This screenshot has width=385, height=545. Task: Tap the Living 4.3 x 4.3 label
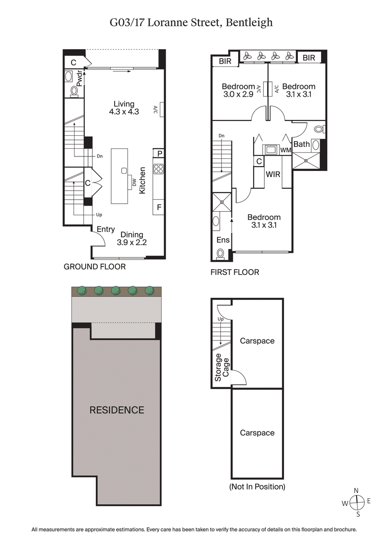124,108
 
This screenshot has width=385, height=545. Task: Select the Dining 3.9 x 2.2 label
131,239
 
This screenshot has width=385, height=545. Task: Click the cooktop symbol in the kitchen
158,169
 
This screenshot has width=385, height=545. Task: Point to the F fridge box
158,208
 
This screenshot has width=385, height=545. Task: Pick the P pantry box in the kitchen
158,154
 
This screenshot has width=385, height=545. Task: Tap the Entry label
106,230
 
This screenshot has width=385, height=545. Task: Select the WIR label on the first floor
273,174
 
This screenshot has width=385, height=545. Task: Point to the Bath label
302,144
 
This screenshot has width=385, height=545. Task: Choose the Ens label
223,240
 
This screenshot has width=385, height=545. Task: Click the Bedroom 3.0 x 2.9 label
238,91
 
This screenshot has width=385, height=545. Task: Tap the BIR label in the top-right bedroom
309,58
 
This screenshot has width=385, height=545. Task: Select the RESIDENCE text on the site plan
117,410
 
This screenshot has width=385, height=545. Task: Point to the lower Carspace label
257,433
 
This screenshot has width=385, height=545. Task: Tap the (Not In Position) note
257,487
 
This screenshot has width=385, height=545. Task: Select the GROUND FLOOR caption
95,267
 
